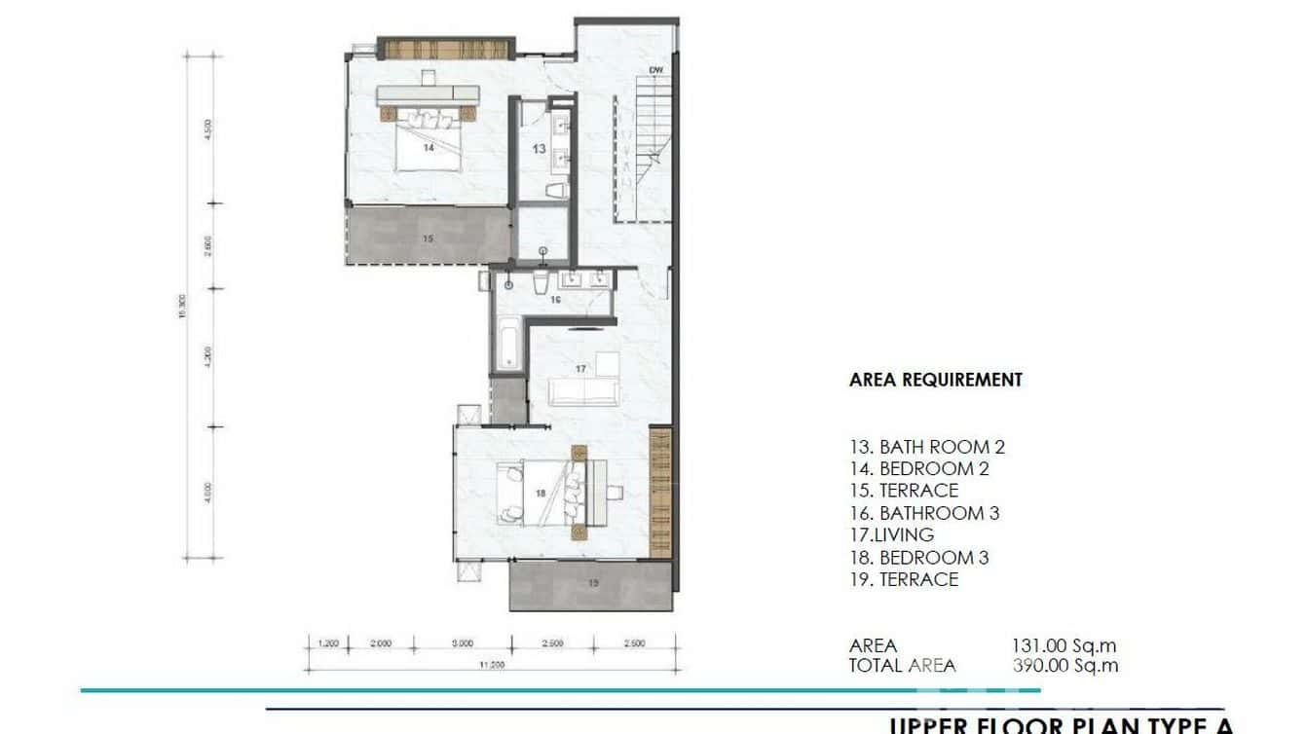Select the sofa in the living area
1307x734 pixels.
[584, 391]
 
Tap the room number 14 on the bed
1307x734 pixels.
[429, 148]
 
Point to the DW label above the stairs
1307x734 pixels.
[656, 70]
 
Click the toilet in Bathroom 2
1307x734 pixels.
[556, 190]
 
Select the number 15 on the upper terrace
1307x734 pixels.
[428, 238]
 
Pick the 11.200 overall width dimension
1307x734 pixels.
[491, 665]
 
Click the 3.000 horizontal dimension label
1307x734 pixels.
[463, 643]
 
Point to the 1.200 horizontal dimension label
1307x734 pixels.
[328, 643]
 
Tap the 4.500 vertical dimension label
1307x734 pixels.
[207, 130]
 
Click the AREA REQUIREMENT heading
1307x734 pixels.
[936, 380]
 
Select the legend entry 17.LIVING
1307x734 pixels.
[891, 534]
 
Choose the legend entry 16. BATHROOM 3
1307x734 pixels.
[924, 513]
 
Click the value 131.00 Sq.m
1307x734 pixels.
[1064, 645]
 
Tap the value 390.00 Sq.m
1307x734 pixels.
[1064, 666]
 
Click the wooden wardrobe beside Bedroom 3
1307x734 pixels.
[660, 492]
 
